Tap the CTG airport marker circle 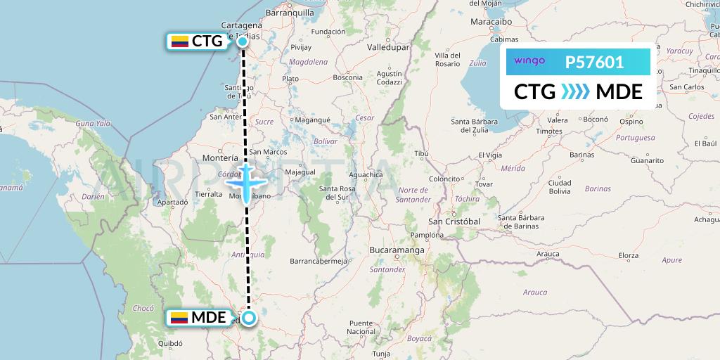click(243, 41)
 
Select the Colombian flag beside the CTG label click(180, 41)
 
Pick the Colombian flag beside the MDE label click(180, 318)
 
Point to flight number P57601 click(594, 63)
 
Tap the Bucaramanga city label click(397, 250)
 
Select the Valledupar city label click(387, 47)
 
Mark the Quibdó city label click(171, 344)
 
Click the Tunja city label click(380, 354)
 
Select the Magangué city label click(312, 120)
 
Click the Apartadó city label click(172, 202)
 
